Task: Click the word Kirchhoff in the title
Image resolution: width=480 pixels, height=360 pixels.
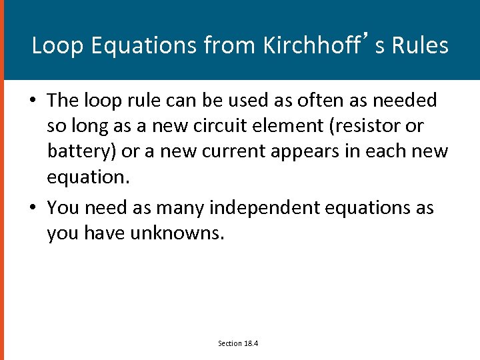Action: tap(311, 45)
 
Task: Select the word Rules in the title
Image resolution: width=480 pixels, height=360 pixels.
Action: tap(420, 45)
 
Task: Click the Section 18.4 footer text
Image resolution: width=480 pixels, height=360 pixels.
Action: tap(238, 343)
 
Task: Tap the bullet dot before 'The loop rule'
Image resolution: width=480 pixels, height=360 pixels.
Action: tap(32, 101)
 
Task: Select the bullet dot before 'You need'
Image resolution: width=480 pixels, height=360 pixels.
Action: tap(32, 208)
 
